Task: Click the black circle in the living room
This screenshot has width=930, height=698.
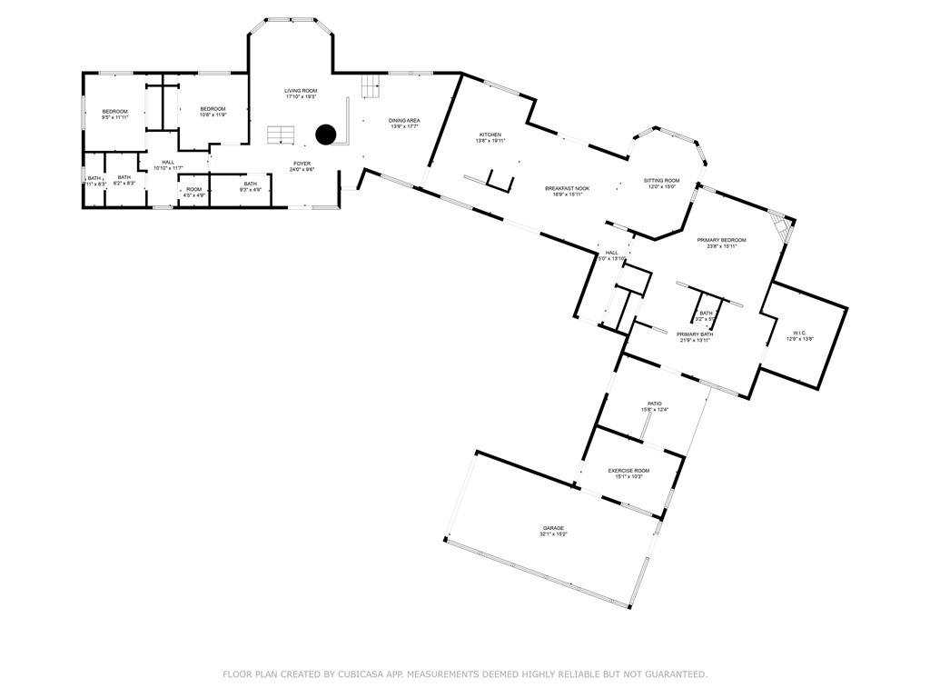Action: [x=326, y=135]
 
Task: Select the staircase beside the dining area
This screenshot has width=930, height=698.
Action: [x=370, y=86]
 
